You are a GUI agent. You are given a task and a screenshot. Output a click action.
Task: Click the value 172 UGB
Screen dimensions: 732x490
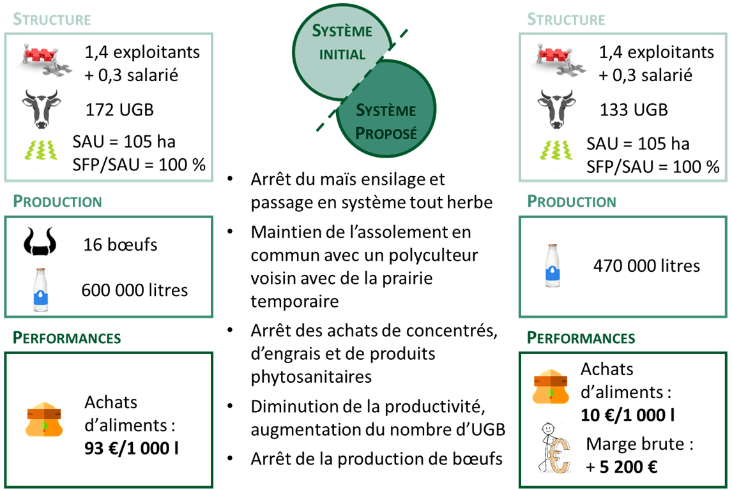[x=119, y=110]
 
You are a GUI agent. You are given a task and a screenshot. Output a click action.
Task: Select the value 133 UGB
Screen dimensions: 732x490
[x=634, y=110]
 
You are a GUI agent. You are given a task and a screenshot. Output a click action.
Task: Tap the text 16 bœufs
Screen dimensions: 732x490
[x=121, y=244]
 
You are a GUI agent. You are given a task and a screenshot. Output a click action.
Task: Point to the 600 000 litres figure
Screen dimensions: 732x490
[x=134, y=290]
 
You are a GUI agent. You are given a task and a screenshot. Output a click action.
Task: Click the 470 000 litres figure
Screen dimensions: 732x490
[x=646, y=266]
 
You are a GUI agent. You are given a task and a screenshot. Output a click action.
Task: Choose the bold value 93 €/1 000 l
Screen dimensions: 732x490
[x=131, y=448]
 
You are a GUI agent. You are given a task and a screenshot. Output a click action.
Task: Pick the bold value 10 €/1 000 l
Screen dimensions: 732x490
[x=627, y=415]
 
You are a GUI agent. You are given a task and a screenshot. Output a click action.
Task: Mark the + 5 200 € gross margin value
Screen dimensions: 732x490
[x=621, y=466]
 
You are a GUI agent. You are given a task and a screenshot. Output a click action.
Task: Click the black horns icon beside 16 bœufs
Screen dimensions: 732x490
[x=40, y=242]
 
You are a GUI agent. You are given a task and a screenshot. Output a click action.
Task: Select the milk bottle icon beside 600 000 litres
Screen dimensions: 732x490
[x=41, y=290]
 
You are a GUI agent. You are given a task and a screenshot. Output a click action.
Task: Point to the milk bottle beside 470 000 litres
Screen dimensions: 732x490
[x=553, y=266]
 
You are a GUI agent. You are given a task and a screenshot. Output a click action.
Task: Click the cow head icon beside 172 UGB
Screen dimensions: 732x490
[x=41, y=109]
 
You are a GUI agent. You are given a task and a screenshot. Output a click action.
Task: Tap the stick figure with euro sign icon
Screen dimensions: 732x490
[x=554, y=449]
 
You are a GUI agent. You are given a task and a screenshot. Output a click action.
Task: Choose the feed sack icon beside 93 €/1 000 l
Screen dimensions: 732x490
[x=44, y=420]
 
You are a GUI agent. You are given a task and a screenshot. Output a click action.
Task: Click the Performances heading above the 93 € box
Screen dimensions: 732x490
[x=67, y=338]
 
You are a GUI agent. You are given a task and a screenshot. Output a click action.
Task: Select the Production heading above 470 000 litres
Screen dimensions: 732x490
[x=572, y=202]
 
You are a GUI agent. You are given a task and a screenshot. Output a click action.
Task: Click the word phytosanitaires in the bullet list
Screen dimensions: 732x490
[x=311, y=376]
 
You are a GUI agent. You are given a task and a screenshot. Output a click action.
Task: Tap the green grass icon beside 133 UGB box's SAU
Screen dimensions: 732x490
[x=556, y=150]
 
